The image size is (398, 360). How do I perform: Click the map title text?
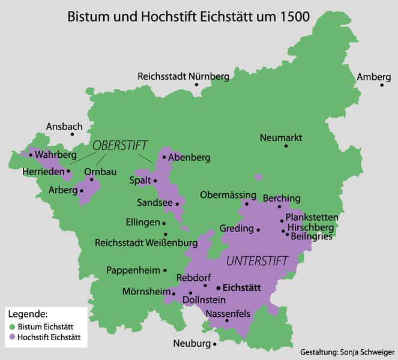click(x=189, y=16)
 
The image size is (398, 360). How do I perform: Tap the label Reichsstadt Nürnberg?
click(x=183, y=77)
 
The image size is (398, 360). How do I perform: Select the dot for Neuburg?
click(x=215, y=345)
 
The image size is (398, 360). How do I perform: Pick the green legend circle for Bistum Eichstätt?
click(x=12, y=326)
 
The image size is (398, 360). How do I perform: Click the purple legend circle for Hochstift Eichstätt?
click(x=12, y=338)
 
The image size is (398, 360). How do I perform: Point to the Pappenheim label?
click(x=133, y=270)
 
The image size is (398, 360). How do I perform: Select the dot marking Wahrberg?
click(x=31, y=155)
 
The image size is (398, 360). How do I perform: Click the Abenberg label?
click(x=190, y=158)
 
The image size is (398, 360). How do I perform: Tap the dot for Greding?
click(x=258, y=229)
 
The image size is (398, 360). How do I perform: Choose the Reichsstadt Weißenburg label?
click(x=146, y=243)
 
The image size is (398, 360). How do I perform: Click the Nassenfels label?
click(x=228, y=313)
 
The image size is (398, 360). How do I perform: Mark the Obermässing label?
click(x=228, y=196)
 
